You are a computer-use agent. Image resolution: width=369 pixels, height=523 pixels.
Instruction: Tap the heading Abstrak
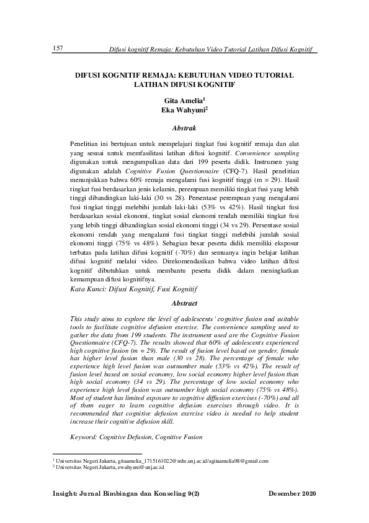184,128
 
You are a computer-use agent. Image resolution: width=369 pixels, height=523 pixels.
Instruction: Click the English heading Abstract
184,303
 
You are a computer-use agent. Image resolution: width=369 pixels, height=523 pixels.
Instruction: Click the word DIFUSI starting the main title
89,74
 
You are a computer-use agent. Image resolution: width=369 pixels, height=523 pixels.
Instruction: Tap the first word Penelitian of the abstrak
91,143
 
